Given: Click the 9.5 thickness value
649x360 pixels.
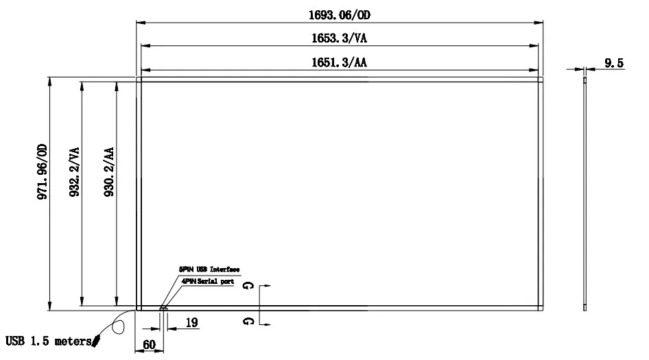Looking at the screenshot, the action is tap(613, 63).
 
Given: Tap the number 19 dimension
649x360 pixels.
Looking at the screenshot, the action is tap(193, 322).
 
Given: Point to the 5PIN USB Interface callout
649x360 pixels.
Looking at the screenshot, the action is tap(209, 270).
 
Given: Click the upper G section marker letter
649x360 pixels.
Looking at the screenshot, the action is tap(246, 285).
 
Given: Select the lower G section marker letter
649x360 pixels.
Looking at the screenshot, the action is tap(246, 320).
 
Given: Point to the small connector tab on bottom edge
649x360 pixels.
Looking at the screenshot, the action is tap(163, 309).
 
